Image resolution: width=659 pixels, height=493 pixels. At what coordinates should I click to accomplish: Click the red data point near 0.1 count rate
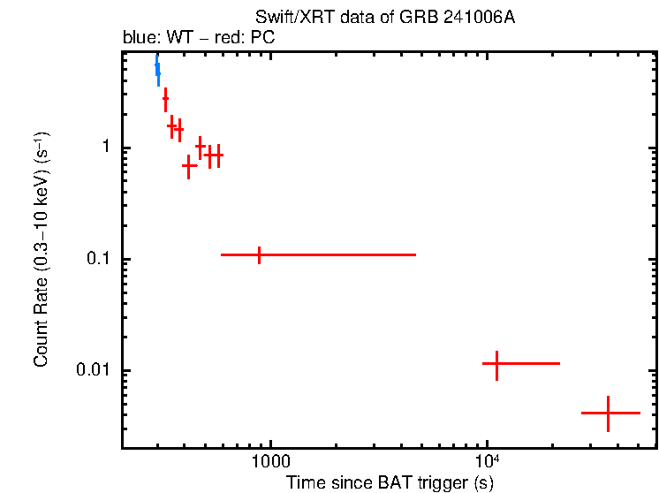coord(259,254)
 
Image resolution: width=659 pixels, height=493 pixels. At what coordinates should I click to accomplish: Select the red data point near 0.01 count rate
coord(497,363)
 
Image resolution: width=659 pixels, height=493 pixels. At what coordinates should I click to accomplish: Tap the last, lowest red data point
coord(609,413)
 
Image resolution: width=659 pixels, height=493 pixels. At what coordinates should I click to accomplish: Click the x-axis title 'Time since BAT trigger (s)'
coord(390,482)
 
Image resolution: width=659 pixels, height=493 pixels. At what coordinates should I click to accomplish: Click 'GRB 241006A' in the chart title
coord(466,18)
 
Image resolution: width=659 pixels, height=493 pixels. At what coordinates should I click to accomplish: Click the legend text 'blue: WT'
coord(154,39)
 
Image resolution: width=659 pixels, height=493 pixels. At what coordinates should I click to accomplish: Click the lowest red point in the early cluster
coord(189,165)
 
